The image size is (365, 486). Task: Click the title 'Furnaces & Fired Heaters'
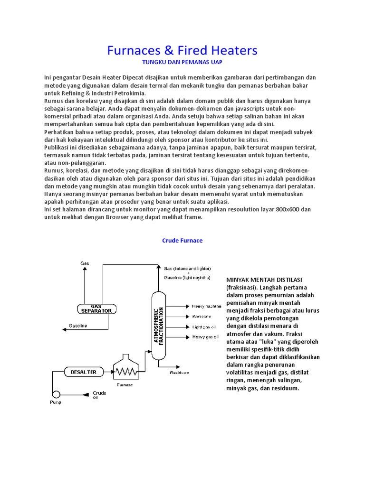click(x=182, y=50)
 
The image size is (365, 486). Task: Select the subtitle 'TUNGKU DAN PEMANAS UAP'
click(x=182, y=62)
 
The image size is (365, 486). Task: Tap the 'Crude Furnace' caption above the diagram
click(x=182, y=241)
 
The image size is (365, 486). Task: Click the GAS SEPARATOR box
click(x=96, y=308)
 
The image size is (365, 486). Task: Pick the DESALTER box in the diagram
click(x=83, y=372)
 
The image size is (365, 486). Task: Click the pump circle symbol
click(x=56, y=394)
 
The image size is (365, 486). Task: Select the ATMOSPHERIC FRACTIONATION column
click(x=159, y=326)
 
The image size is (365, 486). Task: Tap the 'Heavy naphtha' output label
click(x=207, y=306)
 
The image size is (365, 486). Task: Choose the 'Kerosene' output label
click(x=202, y=317)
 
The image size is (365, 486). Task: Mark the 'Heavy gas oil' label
click(x=205, y=337)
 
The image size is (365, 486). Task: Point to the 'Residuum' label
click(x=180, y=373)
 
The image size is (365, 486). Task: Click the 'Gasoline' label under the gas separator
click(x=78, y=326)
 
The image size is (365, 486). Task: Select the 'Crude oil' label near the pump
click(x=99, y=395)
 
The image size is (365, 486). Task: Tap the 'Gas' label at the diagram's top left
click(x=85, y=262)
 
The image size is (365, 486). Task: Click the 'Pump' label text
click(x=56, y=402)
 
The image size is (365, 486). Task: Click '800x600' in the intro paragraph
click(x=286, y=209)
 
